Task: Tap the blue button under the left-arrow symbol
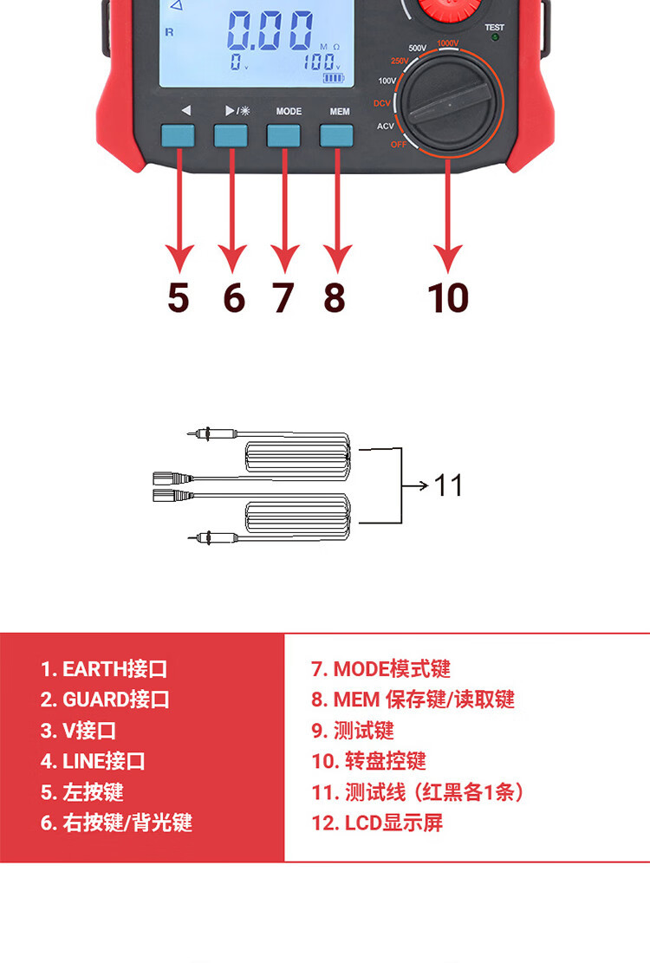coord(178,136)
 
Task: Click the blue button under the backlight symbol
coord(231,136)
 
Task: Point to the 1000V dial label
coord(448,43)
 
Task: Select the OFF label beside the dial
coord(399,145)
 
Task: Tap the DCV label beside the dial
coord(382,103)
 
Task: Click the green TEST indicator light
coord(495,37)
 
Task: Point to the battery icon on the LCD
coord(334,78)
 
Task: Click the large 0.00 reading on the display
coord(270,30)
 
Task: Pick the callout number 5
coord(178,298)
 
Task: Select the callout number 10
coord(448,298)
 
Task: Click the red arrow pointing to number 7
coord(284,210)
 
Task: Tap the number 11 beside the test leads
coord(448,485)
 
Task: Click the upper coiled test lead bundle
coord(298,457)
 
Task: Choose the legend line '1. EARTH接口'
coord(104,669)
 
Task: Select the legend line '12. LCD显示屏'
coord(377,823)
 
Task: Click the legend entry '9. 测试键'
coord(353,731)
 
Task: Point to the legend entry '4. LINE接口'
coord(93,762)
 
